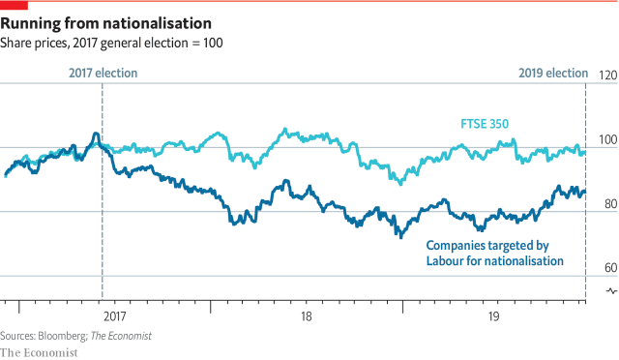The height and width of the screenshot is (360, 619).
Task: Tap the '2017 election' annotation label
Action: pyautogui.click(x=103, y=73)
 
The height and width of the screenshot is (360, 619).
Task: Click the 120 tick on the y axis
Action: pyautogui.click(x=607, y=75)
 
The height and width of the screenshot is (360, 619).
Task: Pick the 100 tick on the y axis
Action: pyautogui.click(x=607, y=139)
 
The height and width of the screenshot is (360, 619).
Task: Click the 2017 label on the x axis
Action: pyautogui.click(x=113, y=315)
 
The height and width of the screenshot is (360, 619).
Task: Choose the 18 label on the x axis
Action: pyautogui.click(x=306, y=315)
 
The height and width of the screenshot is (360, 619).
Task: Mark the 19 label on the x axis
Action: pyautogui.click(x=493, y=315)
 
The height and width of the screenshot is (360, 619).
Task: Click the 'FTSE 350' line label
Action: pyautogui.click(x=483, y=123)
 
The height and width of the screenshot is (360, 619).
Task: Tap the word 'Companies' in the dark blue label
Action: pyautogui.click(x=457, y=246)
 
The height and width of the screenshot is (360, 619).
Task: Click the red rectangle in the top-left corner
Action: pyautogui.click(x=14, y=4)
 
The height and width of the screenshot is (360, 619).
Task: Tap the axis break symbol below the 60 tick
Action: pyautogui.click(x=609, y=291)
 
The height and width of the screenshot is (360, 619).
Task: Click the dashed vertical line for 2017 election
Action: pyautogui.click(x=103, y=194)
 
